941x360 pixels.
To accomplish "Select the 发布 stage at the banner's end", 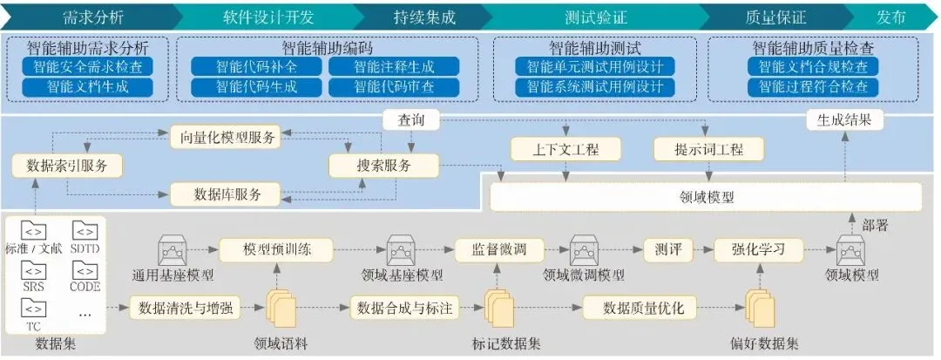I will click(890, 17).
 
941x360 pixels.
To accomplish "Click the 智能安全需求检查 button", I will click(88, 66).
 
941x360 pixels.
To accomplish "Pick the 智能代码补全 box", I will click(244, 66).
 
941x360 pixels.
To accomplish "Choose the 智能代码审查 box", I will click(394, 87).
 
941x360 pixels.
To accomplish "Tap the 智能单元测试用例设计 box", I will click(595, 66).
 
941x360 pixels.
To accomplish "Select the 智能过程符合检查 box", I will click(813, 87).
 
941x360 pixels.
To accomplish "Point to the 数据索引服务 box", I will click(68, 165).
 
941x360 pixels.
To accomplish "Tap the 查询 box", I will click(411, 119).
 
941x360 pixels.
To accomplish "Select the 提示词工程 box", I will click(709, 149).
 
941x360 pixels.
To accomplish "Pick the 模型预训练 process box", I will click(276, 249).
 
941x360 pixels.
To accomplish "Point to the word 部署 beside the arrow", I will click(875, 226).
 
